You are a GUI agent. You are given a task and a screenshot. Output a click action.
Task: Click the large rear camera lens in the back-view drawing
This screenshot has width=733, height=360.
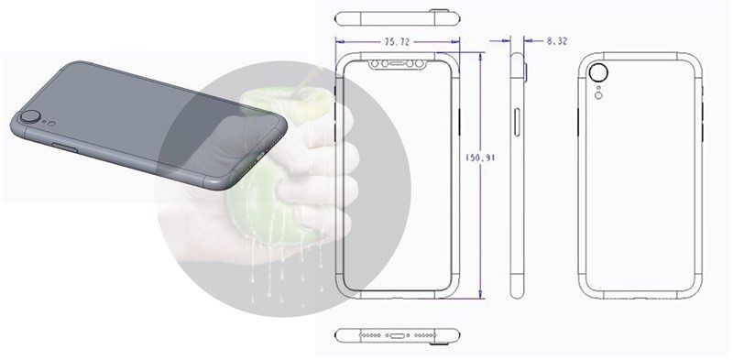[601, 73]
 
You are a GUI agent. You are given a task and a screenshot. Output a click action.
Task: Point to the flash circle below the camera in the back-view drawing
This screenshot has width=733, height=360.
[599, 93]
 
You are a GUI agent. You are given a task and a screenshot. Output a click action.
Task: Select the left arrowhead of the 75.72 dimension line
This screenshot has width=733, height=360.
[339, 40]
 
